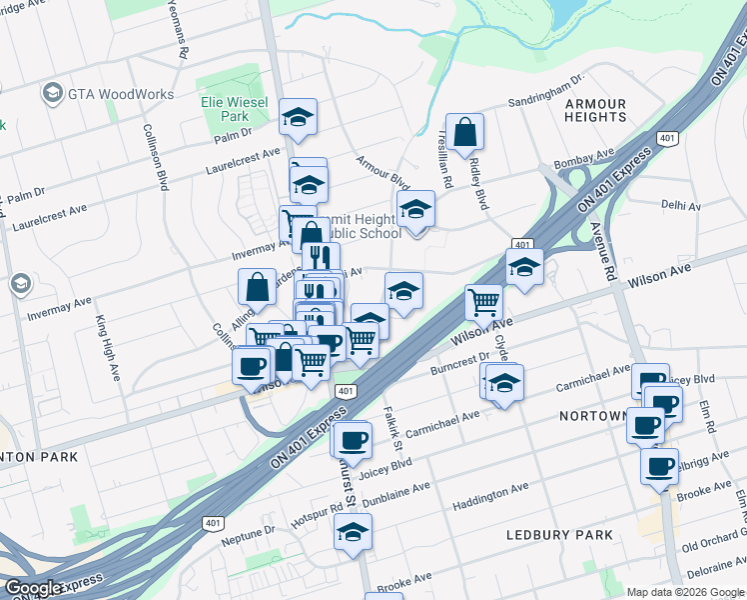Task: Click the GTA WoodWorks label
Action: (121, 95)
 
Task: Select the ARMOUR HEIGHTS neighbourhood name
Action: (595, 110)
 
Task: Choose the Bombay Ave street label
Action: (585, 158)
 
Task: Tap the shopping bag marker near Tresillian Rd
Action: (465, 132)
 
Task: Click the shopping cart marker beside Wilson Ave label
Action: (483, 300)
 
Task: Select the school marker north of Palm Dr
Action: (298, 117)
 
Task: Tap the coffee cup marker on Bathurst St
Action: (352, 439)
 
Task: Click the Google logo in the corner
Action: (34, 588)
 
